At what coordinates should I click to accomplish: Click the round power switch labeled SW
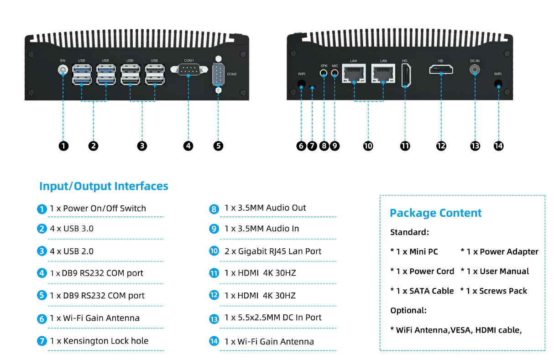click(63, 70)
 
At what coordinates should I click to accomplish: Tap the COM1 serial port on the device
click(188, 70)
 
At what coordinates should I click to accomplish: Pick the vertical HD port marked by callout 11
click(405, 75)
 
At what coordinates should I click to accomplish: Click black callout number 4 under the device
click(188, 146)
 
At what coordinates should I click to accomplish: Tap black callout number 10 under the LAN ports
click(368, 146)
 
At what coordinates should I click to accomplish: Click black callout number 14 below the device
click(498, 146)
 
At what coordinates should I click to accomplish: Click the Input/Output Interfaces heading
click(104, 186)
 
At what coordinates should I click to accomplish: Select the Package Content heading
click(435, 213)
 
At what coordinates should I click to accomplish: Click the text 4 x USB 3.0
click(72, 229)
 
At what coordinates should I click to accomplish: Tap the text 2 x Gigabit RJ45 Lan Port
click(273, 251)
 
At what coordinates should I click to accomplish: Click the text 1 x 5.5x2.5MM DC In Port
click(273, 318)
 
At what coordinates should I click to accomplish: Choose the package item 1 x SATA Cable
click(422, 291)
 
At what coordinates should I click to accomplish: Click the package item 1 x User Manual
click(495, 271)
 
